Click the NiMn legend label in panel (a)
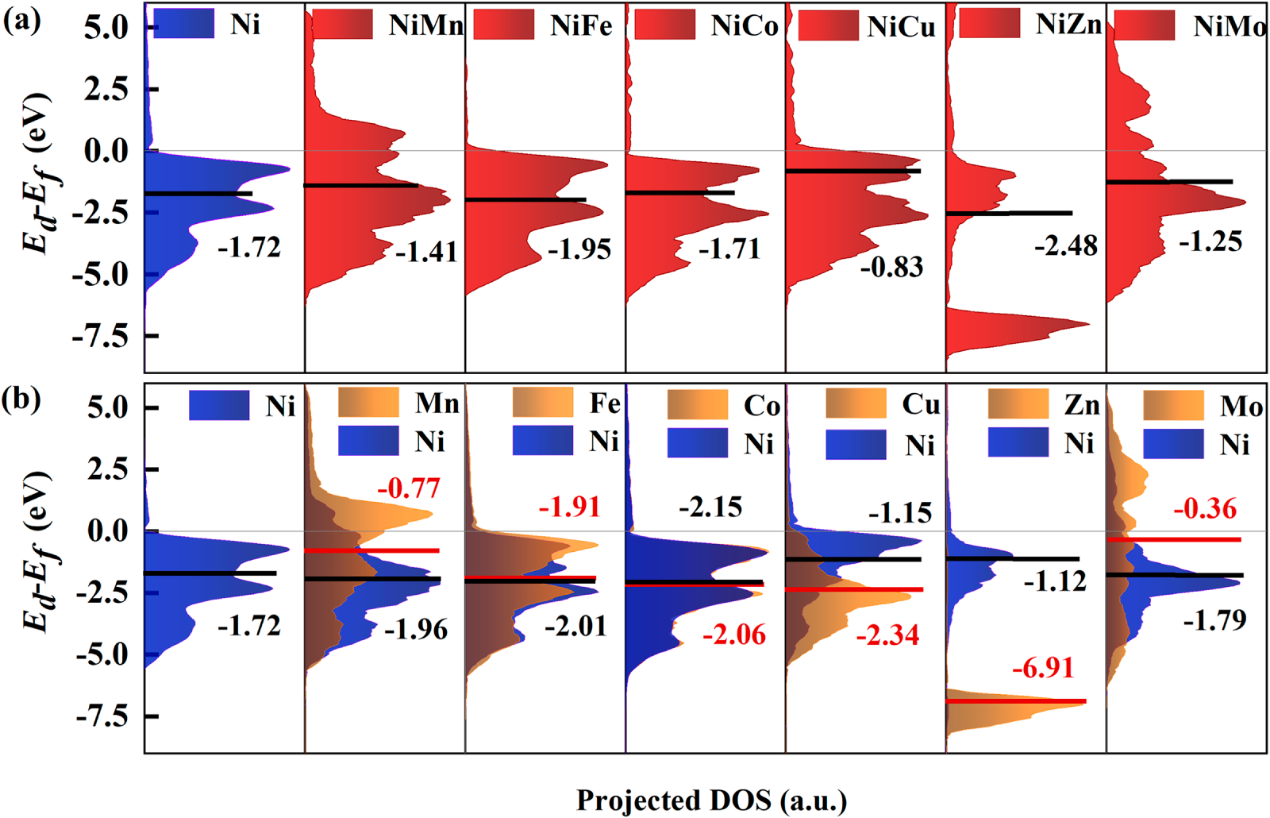(x=425, y=25)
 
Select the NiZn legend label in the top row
(x=1068, y=25)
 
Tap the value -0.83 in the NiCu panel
(x=892, y=267)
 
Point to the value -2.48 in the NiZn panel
(x=1066, y=245)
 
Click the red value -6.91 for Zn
(x=1043, y=668)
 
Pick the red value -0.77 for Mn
(x=408, y=488)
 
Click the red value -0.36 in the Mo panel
(x=1205, y=508)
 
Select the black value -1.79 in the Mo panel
(x=1214, y=619)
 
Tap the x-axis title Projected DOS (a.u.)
(x=711, y=801)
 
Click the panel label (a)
(x=21, y=19)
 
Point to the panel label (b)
(x=21, y=399)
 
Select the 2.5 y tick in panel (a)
(x=106, y=89)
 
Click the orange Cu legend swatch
(x=856, y=403)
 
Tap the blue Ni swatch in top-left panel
(x=183, y=25)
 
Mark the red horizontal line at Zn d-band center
(x=1016, y=701)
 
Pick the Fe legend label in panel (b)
(x=604, y=403)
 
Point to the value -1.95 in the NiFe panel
(x=579, y=249)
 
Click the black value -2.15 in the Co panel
(x=710, y=507)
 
